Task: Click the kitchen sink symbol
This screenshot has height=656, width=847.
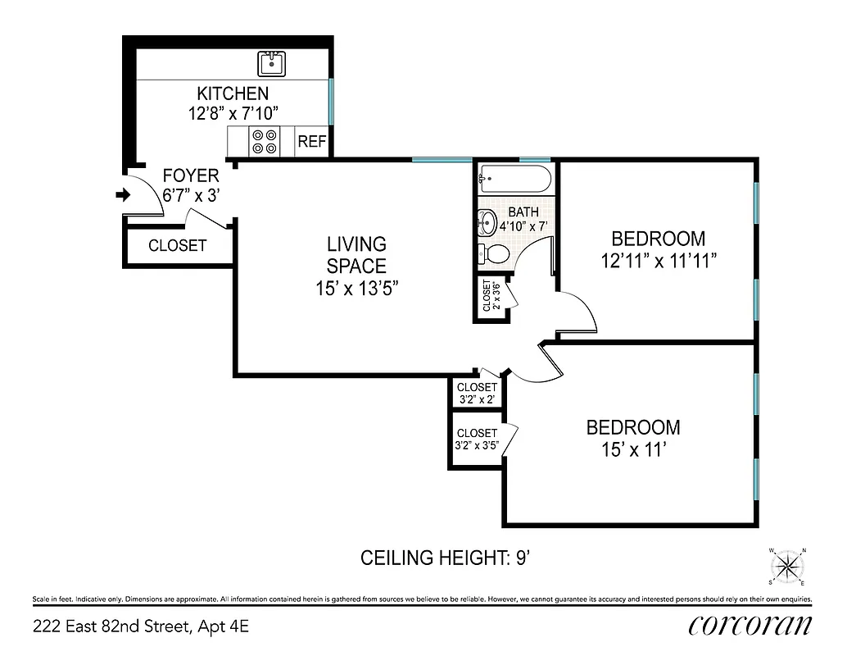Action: pyautogui.click(x=271, y=62)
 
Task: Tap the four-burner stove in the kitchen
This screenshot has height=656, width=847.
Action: pyautogui.click(x=265, y=142)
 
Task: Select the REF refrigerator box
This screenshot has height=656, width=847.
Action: pyautogui.click(x=311, y=142)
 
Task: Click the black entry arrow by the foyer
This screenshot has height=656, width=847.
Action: pyautogui.click(x=124, y=195)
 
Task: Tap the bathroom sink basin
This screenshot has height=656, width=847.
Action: pyautogui.click(x=486, y=221)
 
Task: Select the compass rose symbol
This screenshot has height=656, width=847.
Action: pyautogui.click(x=787, y=566)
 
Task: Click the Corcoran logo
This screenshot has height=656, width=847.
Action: pyautogui.click(x=750, y=625)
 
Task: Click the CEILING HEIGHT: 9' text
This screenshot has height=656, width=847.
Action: pyautogui.click(x=446, y=558)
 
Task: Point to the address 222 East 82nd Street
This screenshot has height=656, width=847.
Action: pyautogui.click(x=140, y=627)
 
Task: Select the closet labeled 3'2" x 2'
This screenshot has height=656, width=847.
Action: pyautogui.click(x=477, y=393)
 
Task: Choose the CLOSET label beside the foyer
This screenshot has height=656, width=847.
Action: pyautogui.click(x=177, y=245)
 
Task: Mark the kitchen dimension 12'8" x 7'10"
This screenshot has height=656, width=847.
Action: pyautogui.click(x=232, y=114)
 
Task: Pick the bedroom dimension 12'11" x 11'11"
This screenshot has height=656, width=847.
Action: pyautogui.click(x=658, y=262)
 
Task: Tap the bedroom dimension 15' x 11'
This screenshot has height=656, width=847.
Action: pyautogui.click(x=632, y=450)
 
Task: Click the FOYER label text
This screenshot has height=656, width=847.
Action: pyautogui.click(x=190, y=175)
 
